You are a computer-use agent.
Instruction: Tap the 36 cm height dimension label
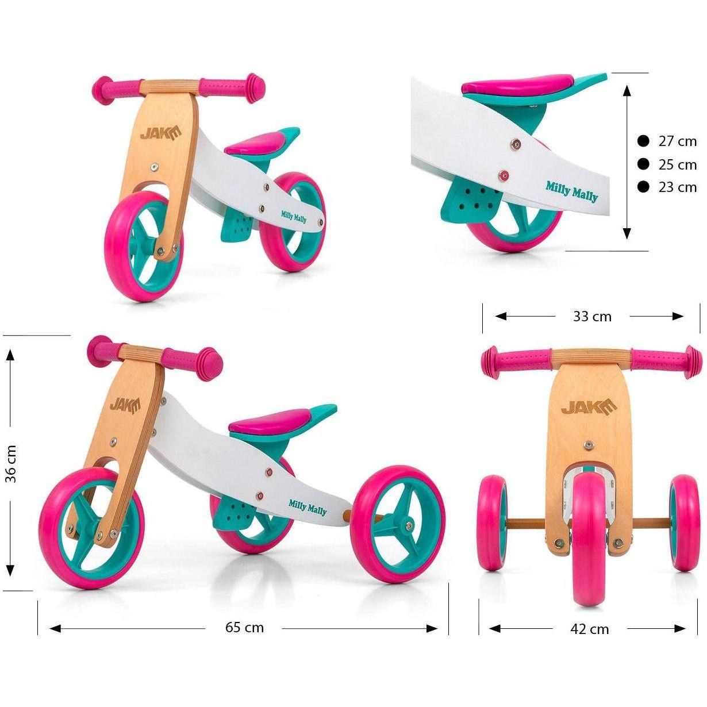[x=11, y=464]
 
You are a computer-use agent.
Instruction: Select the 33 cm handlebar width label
[x=592, y=316]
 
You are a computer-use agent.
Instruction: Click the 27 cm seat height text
[x=677, y=141]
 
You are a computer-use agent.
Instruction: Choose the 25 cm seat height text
[x=677, y=165]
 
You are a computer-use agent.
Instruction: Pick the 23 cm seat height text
[x=677, y=187]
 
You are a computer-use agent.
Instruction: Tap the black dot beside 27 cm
[x=643, y=141]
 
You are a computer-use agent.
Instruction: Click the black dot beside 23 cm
[x=643, y=187]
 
